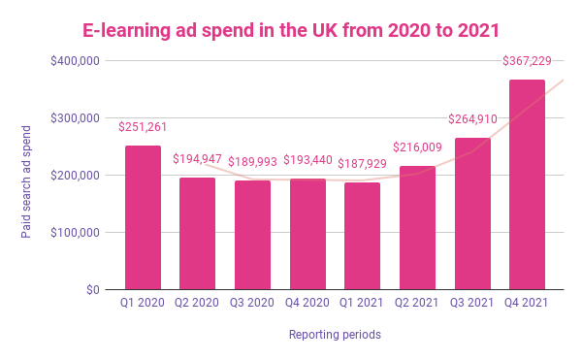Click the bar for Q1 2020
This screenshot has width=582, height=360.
click(143, 217)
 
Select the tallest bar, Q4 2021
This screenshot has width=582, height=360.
click(527, 184)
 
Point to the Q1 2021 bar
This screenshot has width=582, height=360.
click(362, 236)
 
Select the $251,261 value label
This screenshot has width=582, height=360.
click(144, 127)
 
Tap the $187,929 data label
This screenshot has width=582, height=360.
click(363, 163)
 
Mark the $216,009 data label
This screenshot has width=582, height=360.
click(418, 147)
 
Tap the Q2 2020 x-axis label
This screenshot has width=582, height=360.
click(198, 303)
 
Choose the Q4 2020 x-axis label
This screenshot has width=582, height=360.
click(307, 303)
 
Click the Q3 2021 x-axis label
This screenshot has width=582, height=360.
click(472, 303)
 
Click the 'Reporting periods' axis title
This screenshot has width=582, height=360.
click(335, 335)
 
